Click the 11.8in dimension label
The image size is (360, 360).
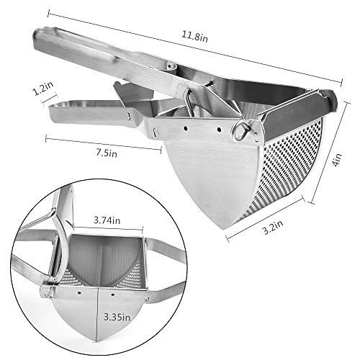(194, 37)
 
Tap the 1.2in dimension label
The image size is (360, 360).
(43, 88)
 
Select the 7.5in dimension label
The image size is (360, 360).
(107, 153)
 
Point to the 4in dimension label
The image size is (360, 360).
(337, 160)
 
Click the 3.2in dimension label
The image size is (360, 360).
(273, 227)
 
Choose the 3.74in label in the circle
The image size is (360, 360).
(107, 220)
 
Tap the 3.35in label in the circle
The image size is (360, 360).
(117, 318)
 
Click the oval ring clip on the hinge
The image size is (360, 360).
(241, 130)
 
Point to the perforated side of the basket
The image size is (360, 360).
(283, 168)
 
